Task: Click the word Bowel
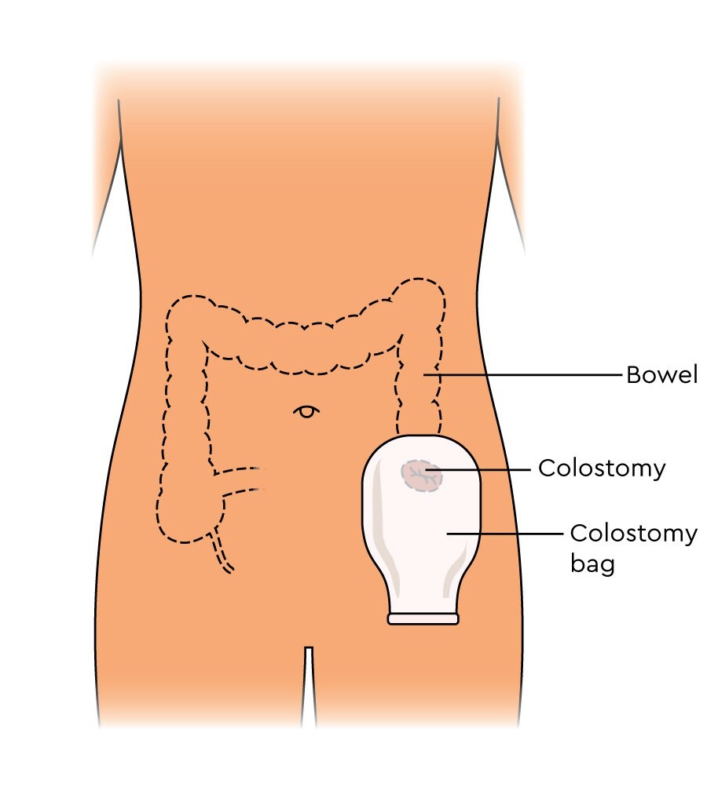coord(661,375)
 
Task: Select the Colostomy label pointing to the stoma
coord(601,468)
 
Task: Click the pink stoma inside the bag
coord(421,476)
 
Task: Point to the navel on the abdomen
coord(306,410)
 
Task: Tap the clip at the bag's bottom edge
coord(423,619)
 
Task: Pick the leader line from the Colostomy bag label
coord(503,534)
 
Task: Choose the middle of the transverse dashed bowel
coord(302,345)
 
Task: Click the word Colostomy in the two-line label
coord(633,534)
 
